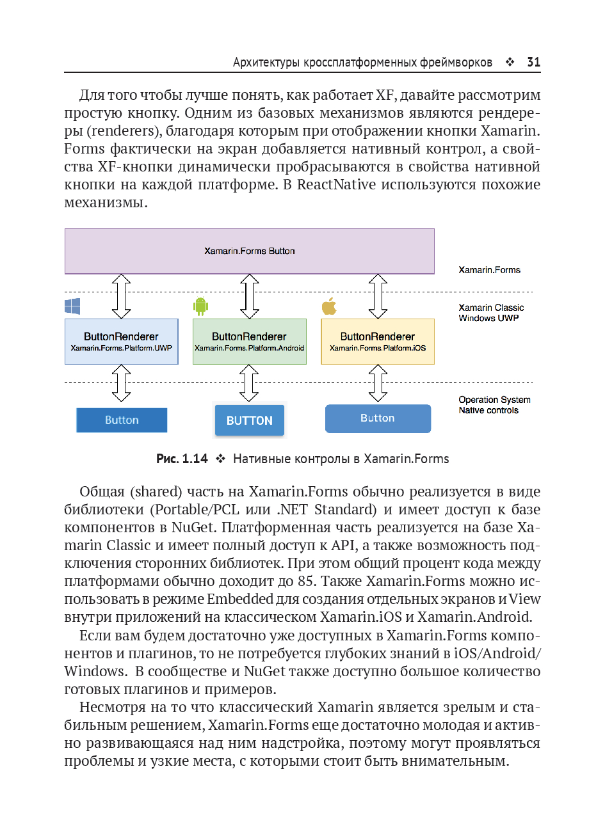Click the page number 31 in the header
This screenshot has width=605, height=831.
point(533,62)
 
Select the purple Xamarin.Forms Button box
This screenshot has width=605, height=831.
point(249,251)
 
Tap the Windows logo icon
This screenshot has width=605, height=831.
point(72,306)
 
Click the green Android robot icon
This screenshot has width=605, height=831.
point(201,306)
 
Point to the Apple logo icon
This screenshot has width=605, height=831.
point(329,306)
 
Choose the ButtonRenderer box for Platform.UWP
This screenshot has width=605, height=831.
point(121,342)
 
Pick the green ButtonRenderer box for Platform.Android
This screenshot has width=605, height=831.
point(249,342)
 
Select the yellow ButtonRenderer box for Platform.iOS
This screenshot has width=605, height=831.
point(377,342)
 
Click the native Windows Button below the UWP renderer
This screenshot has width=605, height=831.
point(122,420)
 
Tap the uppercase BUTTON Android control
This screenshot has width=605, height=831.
point(249,420)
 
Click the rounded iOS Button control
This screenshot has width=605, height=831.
point(378,418)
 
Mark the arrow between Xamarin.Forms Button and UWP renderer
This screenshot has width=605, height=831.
point(121,296)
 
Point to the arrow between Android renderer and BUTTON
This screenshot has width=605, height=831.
point(249,383)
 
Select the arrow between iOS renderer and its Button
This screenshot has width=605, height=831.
point(378,383)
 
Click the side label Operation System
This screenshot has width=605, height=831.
point(494,400)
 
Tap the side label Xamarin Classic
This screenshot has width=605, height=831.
point(491,308)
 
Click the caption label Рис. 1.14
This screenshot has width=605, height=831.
point(182,459)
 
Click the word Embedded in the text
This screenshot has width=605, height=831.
point(240,599)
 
